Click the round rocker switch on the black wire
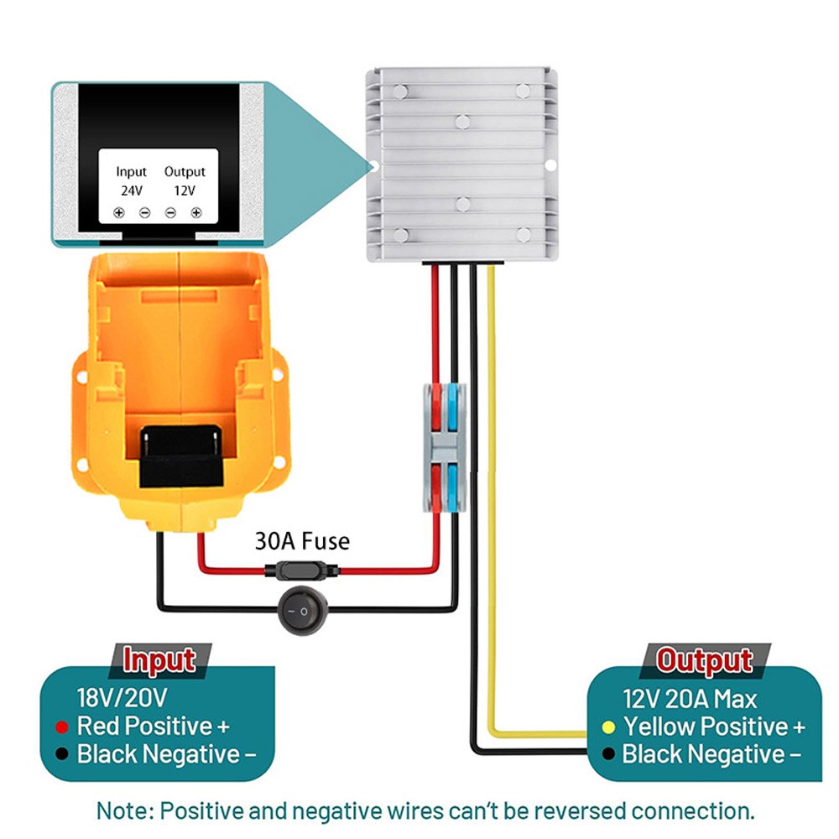[302, 610]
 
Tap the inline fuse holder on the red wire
[302, 571]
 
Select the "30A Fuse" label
[302, 541]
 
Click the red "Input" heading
[159, 661]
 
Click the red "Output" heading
[705, 661]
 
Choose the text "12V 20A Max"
[690, 699]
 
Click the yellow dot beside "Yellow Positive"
[610, 727]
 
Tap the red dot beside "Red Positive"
[60, 727]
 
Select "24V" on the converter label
[132, 190]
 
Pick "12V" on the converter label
[185, 190]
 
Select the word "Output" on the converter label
[185, 172]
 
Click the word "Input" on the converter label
[132, 172]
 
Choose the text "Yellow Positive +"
[714, 727]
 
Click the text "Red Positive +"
[154, 727]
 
